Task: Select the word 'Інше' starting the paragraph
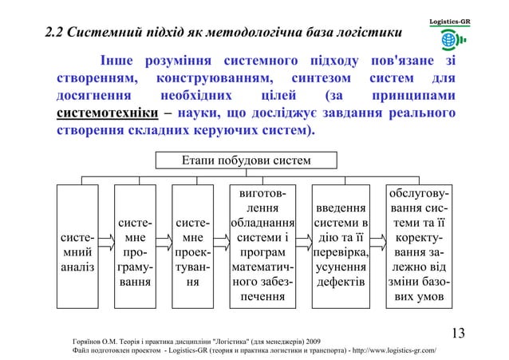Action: click(115, 62)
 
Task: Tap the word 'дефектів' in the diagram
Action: click(341, 282)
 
